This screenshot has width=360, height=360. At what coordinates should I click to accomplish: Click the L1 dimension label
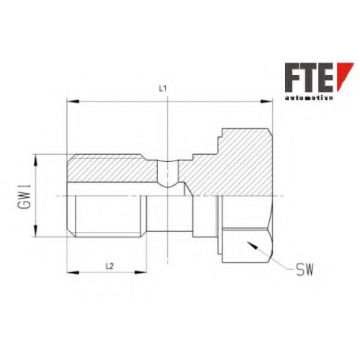(x=163, y=89)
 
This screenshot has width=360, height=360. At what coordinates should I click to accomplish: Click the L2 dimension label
(x=109, y=266)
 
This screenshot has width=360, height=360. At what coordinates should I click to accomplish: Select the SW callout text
(x=305, y=269)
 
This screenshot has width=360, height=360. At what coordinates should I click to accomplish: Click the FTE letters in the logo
(x=309, y=77)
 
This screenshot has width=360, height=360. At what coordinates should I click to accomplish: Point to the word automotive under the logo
(x=309, y=98)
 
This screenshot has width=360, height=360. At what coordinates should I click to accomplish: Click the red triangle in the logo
(x=345, y=77)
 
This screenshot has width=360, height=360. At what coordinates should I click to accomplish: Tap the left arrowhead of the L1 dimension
(x=73, y=102)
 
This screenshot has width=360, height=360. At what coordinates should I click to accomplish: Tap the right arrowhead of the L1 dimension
(x=266, y=102)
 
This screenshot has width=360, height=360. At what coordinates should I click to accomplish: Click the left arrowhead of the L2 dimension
(x=73, y=272)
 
